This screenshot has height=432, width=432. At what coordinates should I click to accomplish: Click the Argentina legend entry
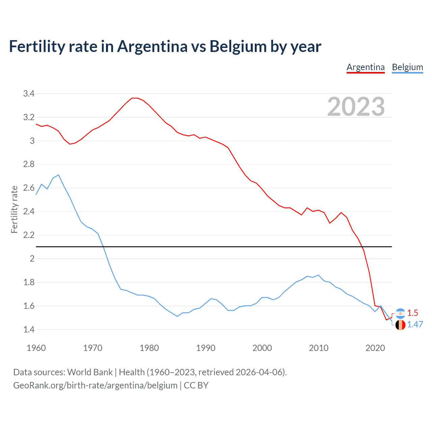[x=366, y=67]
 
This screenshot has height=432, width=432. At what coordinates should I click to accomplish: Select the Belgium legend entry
[x=407, y=67]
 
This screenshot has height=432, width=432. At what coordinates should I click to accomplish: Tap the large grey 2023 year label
[x=356, y=107]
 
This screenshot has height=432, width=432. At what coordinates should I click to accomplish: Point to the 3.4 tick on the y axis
[x=29, y=94]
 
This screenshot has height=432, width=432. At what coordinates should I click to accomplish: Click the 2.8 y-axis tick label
[x=29, y=164]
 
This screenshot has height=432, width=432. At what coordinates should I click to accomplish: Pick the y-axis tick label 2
[x=32, y=259]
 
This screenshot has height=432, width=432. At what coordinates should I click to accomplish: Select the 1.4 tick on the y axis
[x=29, y=329]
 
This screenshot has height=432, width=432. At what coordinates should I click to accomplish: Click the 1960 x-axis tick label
[x=36, y=348]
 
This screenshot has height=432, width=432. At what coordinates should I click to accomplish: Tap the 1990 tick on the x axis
[x=206, y=348]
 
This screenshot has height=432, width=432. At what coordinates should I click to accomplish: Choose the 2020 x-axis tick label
[x=375, y=348]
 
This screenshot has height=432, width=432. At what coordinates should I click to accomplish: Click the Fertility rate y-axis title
[x=14, y=209]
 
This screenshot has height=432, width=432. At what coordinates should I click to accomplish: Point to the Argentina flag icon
[x=400, y=314]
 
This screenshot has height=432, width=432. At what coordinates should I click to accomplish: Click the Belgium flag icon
[x=400, y=325]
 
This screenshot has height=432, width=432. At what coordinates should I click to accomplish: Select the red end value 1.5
[x=412, y=313]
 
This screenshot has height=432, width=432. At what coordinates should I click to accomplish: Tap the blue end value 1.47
[x=415, y=325]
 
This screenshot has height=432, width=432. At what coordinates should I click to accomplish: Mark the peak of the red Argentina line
[x=135, y=98]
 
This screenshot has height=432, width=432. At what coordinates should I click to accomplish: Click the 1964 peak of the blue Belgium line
[x=59, y=175]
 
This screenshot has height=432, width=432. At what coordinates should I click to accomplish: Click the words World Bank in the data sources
[x=90, y=372]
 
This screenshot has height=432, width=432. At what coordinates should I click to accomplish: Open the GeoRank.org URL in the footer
[x=95, y=385]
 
